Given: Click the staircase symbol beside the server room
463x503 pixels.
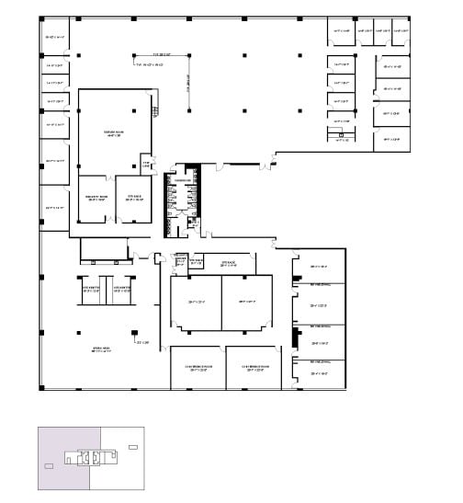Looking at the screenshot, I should (154, 112).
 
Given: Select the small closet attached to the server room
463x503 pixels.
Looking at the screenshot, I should (145, 165).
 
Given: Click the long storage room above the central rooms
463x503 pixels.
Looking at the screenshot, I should (226, 264).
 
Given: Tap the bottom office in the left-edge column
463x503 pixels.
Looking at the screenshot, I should (54, 209).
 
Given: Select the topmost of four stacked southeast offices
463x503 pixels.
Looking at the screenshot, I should (319, 267).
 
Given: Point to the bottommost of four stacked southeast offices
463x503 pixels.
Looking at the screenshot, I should (319, 372).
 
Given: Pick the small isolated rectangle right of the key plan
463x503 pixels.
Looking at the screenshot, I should (134, 447).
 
